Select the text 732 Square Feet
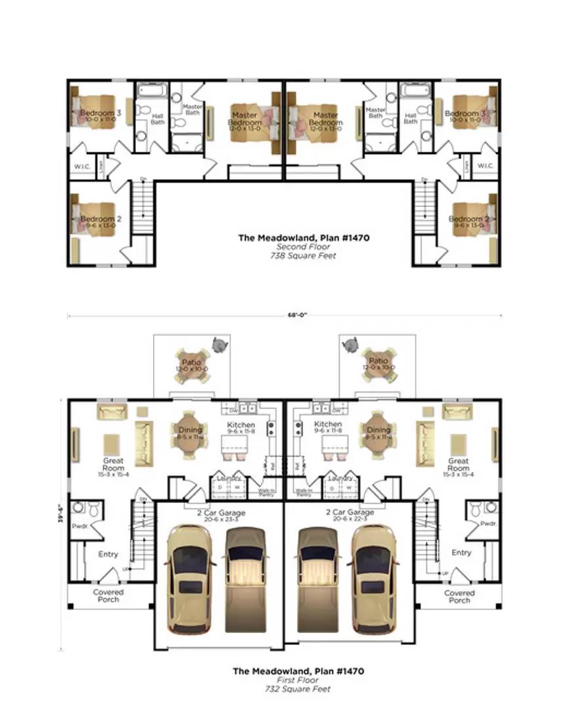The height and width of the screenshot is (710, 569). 298,689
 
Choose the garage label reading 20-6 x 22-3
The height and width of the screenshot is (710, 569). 350,519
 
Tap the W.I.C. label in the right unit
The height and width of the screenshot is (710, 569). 486,166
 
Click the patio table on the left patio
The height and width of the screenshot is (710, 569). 191,364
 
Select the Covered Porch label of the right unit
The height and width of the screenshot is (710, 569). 459,596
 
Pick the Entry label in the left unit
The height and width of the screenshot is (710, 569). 108,554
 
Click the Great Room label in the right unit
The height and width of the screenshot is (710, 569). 458,465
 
